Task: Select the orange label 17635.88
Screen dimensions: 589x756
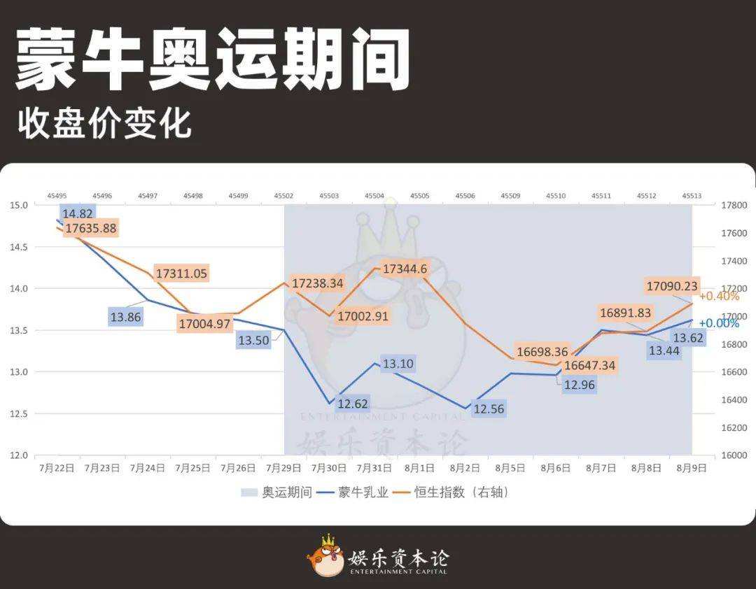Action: pyautogui.click(x=91, y=229)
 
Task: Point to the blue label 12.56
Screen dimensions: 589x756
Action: pyautogui.click(x=489, y=409)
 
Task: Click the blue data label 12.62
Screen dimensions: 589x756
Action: pyautogui.click(x=352, y=404)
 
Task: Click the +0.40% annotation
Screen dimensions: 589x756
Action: pyautogui.click(x=719, y=297)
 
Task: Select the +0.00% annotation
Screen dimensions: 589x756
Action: pyautogui.click(x=719, y=324)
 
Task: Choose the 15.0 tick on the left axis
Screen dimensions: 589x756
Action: pyautogui.click(x=19, y=205)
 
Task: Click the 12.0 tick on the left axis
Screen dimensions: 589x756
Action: pyautogui.click(x=19, y=455)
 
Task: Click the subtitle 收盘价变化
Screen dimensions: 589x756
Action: pyautogui.click(x=105, y=123)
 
